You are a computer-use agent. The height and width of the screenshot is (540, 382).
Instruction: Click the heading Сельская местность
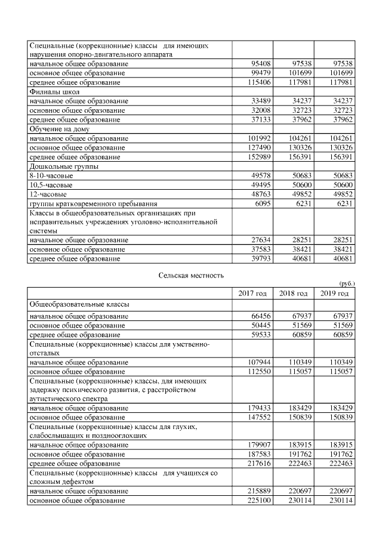191,275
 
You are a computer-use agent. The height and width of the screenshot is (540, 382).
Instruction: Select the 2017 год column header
252,294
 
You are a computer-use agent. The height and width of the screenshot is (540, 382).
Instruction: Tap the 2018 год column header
293,294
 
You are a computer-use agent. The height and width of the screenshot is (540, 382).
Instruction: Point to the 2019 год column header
334,294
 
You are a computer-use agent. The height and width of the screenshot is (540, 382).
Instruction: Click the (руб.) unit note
346,283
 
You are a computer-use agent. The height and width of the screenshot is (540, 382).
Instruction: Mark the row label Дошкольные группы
61,166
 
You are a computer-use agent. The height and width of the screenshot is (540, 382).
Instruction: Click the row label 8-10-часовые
52,176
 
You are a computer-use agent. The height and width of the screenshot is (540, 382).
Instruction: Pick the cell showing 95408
257,63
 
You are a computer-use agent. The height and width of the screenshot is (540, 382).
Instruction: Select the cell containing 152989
255,157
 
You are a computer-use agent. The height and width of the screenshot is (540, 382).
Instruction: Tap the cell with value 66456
257,316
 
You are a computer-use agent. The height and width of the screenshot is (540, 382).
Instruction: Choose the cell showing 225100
255,501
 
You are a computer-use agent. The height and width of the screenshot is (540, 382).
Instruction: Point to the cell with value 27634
257,240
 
